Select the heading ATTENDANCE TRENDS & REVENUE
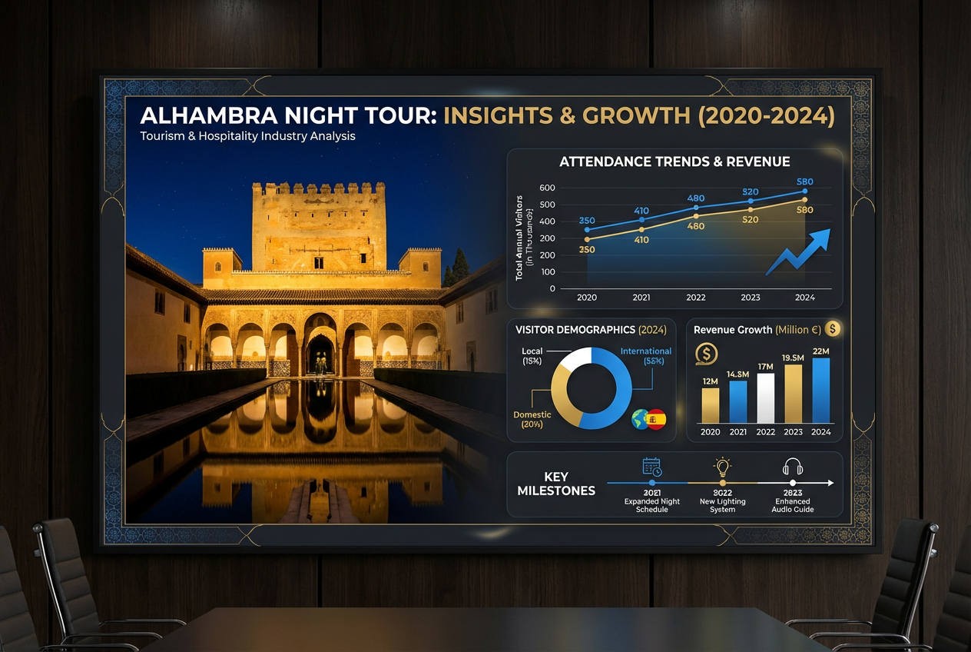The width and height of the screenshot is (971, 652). (674, 161)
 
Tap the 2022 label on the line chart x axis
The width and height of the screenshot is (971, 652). (696, 298)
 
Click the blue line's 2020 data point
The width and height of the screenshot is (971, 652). (588, 229)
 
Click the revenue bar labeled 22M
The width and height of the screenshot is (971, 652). (820, 391)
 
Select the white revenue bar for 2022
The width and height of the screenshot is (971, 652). (766, 398)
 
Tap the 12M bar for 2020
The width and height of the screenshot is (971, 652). (711, 404)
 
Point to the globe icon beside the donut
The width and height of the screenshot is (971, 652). (639, 419)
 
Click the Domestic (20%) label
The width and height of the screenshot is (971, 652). (532, 419)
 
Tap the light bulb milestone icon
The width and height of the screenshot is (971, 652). (722, 467)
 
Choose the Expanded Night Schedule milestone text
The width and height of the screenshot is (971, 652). (651, 505)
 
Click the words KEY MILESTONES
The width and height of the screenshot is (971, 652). (556, 484)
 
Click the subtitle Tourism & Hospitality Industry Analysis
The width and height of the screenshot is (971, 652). (247, 136)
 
